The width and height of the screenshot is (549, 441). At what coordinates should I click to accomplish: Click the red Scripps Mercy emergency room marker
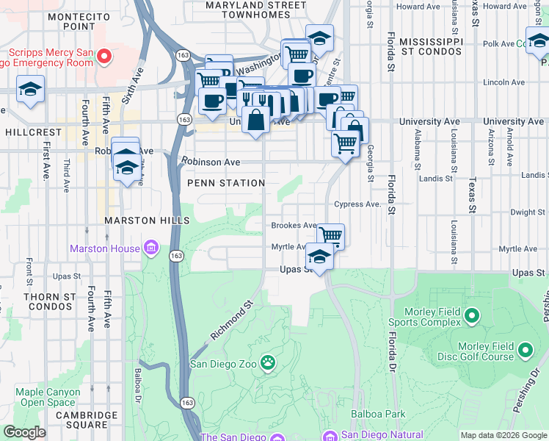(104, 56)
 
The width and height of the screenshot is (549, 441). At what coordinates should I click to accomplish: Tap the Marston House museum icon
(151, 248)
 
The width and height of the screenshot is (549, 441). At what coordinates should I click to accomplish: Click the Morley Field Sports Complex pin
(470, 317)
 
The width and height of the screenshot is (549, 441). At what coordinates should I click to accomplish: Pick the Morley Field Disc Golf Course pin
(525, 351)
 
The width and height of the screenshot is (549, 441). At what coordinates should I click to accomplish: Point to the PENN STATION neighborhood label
(226, 183)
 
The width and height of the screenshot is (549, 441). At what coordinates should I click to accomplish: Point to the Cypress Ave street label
(357, 204)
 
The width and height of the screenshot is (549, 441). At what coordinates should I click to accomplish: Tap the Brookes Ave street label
(294, 226)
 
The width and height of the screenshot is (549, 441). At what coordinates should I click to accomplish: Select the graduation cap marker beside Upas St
(319, 257)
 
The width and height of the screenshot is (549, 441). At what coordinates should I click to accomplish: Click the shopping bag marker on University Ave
(255, 120)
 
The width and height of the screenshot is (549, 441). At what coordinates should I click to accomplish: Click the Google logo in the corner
(24, 432)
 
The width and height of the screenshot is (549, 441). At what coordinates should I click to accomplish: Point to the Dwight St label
(527, 212)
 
